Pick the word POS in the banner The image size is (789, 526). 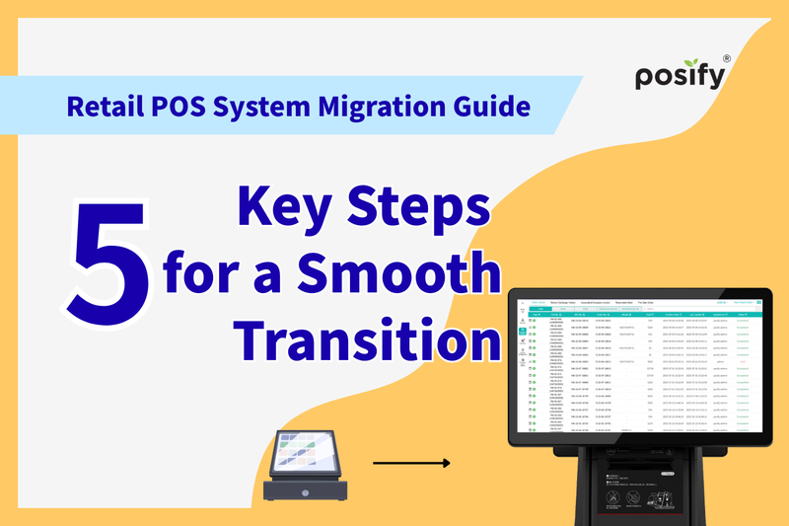193,105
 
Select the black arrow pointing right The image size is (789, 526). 411,463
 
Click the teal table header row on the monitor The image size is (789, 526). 641,315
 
